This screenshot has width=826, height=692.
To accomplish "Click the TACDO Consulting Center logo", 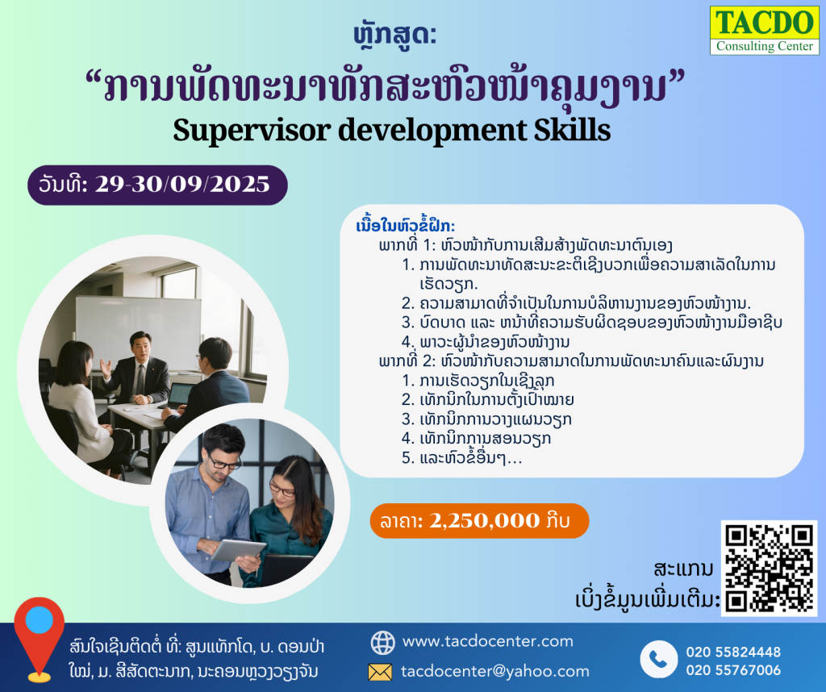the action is click(765, 31).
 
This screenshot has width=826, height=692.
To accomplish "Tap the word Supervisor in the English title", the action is click(252, 130).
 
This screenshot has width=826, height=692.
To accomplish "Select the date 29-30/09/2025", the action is click(182, 185).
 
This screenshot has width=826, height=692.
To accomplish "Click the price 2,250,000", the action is click(485, 521).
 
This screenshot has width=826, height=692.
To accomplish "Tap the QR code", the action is click(769, 569).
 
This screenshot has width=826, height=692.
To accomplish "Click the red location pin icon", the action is click(40, 639).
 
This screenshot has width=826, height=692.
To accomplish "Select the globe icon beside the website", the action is click(382, 642).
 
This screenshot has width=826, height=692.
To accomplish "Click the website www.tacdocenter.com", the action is click(488, 641).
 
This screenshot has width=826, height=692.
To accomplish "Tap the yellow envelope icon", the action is click(380, 672).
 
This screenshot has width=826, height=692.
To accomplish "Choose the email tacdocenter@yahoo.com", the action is click(495, 672).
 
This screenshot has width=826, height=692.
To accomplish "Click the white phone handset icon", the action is click(658, 659).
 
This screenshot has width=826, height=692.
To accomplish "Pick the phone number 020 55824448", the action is click(733, 652).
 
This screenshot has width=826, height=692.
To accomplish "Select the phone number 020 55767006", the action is click(733, 670).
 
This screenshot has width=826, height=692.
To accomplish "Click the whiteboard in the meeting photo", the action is click(138, 331).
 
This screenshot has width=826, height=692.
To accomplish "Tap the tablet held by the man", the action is click(238, 550).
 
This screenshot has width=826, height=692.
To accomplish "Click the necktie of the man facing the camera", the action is click(140, 380).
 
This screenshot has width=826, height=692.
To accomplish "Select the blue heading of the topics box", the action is click(406, 227).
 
